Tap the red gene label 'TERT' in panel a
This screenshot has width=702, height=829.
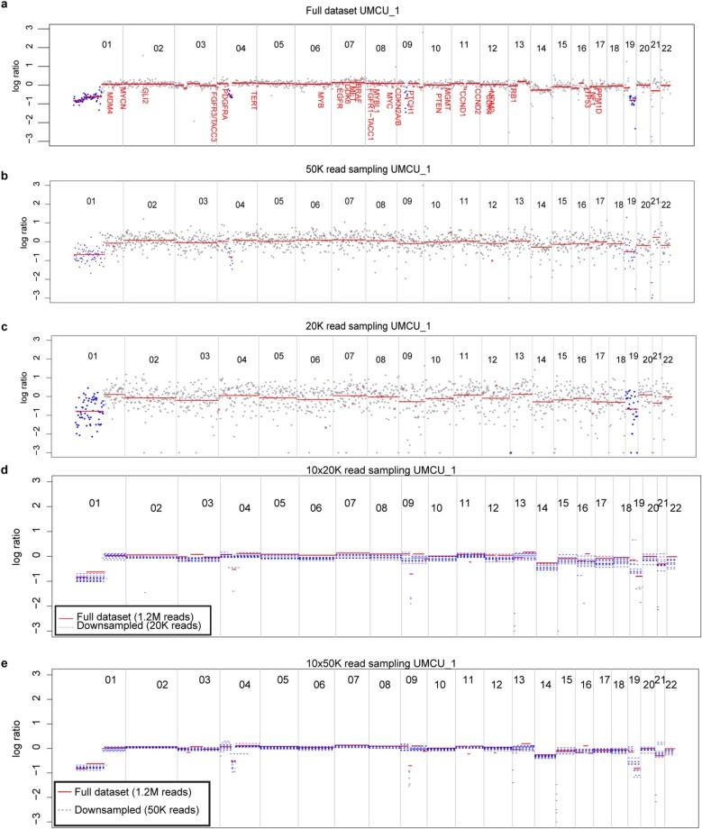pyautogui.click(x=254, y=97)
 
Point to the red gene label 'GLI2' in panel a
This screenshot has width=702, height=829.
pyautogui.click(x=144, y=96)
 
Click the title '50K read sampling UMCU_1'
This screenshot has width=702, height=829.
pyautogui.click(x=371, y=170)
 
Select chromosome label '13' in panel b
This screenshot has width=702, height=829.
pyautogui.click(x=519, y=199)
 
